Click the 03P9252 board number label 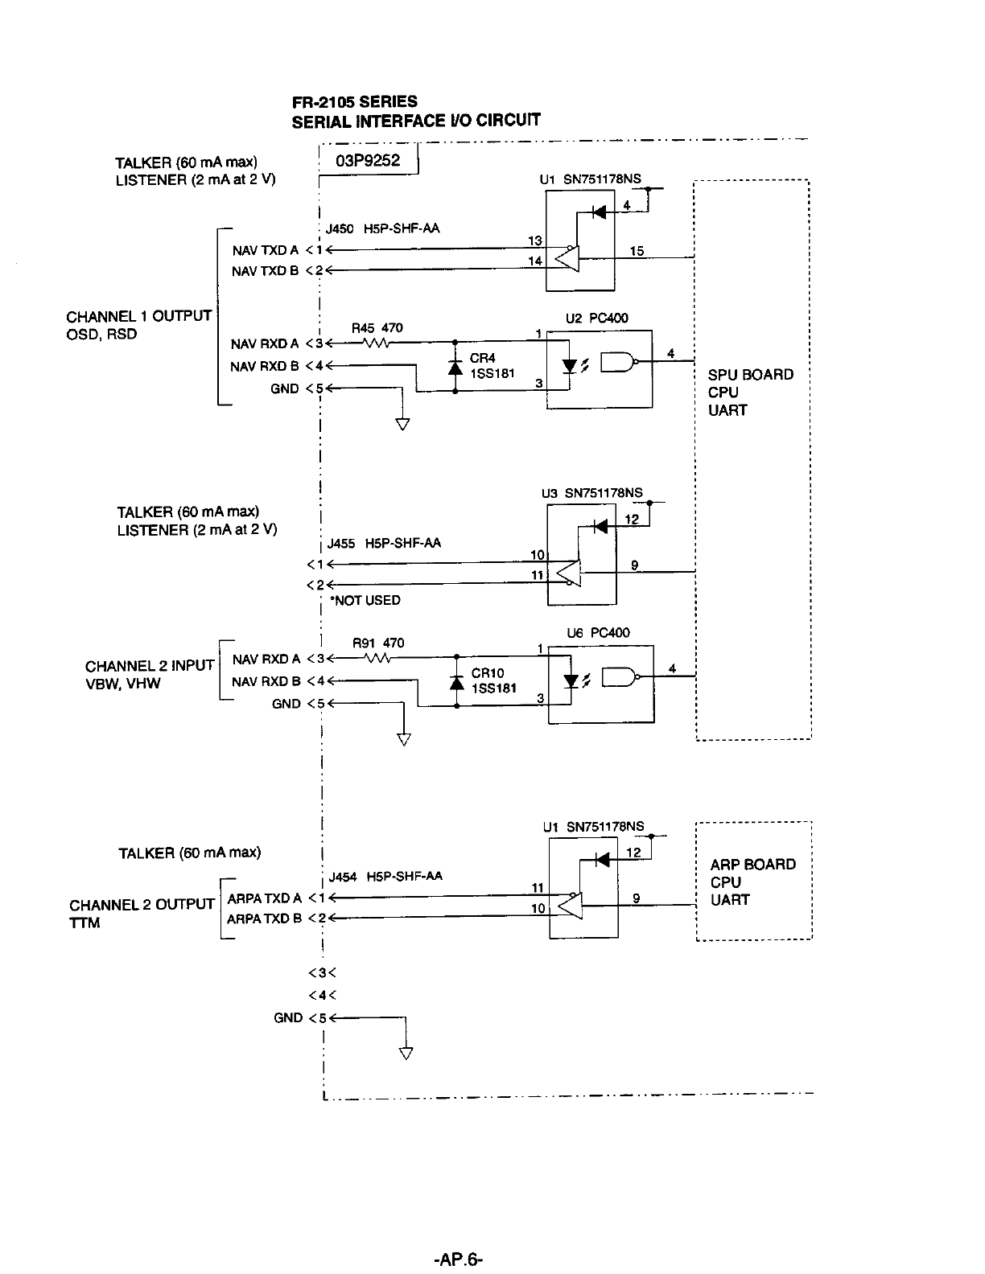[368, 160]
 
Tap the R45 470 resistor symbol [377, 343]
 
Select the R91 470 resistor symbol [377, 659]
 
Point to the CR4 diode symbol [455, 367]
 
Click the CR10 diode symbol [456, 682]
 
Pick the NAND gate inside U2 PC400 [619, 362]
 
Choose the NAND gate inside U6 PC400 [620, 677]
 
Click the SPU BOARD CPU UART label [750, 392]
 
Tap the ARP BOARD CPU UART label [752, 882]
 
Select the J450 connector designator [340, 228]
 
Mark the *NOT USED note [365, 600]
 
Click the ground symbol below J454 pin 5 [406, 1053]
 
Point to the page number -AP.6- [458, 1259]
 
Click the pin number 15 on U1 [637, 251]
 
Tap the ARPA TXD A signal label [265, 898]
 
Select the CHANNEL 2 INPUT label [150, 665]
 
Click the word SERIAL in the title [322, 122]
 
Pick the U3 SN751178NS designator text [592, 493]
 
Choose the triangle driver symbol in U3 [568, 573]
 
